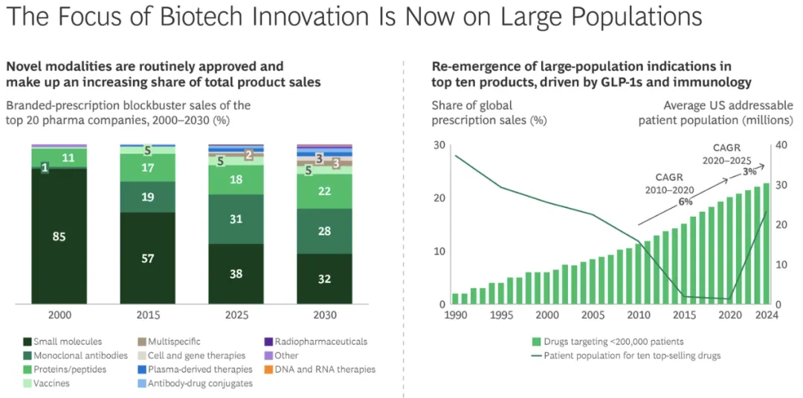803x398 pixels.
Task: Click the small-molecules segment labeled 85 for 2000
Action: (x=59, y=237)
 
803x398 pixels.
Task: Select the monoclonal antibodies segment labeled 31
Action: (x=236, y=219)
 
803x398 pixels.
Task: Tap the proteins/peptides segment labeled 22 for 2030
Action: (x=324, y=191)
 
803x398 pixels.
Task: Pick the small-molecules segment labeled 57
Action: (x=147, y=258)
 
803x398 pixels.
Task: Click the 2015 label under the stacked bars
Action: (x=147, y=315)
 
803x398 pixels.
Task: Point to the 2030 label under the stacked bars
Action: (x=324, y=315)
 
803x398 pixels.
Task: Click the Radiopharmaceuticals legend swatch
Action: (x=268, y=342)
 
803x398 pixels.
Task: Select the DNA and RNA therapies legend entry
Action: (x=325, y=369)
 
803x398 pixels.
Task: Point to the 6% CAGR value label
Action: (x=685, y=201)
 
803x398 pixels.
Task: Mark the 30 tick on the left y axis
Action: (x=438, y=145)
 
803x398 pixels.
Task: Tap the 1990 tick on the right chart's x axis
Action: (x=456, y=315)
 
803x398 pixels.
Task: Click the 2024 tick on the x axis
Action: (x=767, y=315)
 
